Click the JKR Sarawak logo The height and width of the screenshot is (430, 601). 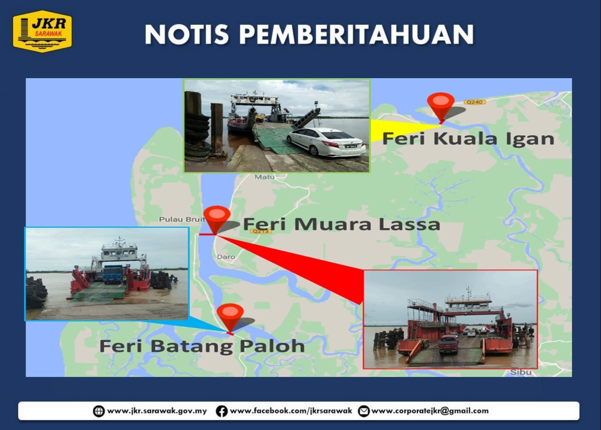42,31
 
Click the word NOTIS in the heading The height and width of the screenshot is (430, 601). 187,34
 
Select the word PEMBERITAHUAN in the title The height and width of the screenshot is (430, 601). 357,34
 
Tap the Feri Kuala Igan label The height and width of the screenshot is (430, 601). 468,138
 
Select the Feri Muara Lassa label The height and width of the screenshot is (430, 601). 342,224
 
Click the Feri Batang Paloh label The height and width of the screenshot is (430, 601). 202,346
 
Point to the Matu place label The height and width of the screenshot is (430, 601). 264,177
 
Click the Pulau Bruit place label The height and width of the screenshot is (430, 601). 182,219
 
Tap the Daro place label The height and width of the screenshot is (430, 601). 226,257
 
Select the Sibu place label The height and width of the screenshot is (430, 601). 521,372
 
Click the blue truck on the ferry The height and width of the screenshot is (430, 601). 113,274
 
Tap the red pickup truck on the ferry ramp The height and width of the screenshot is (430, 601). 448,344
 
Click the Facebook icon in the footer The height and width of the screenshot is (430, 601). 222,411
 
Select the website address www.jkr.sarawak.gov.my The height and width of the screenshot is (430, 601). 157,411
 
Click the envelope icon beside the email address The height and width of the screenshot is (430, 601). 363,411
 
